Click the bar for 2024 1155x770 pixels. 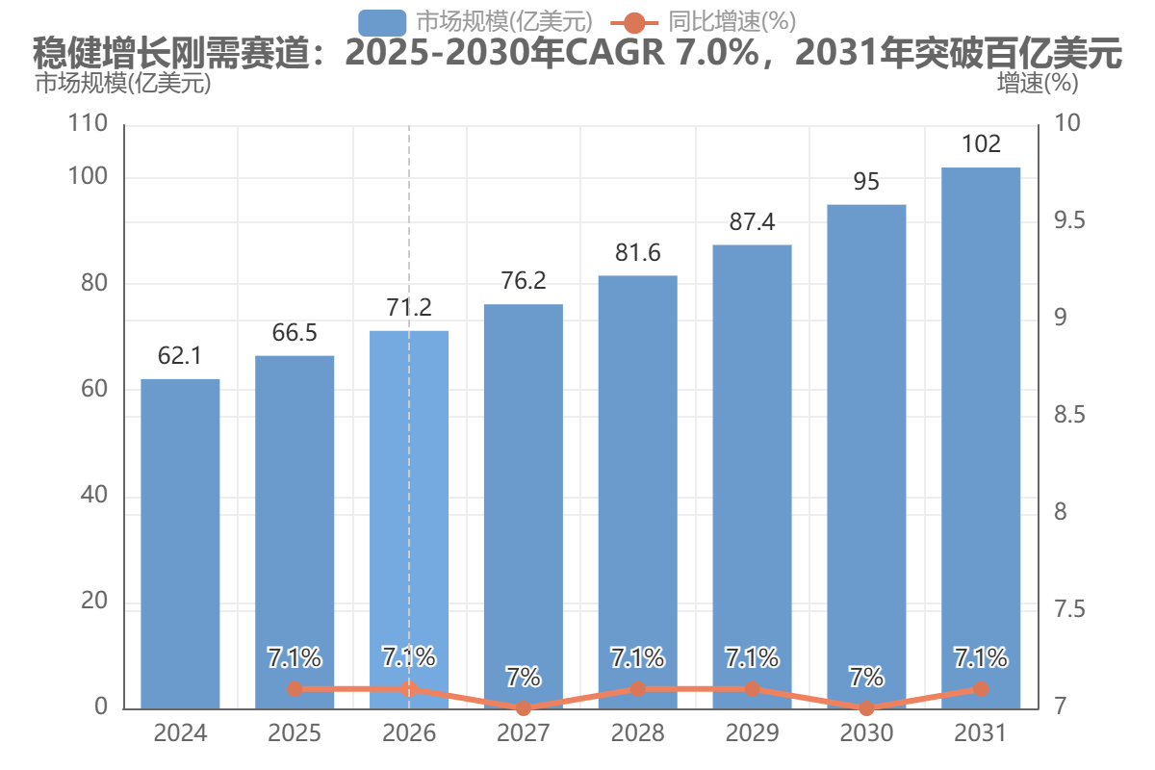point(180,544)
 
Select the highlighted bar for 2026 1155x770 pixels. point(409,520)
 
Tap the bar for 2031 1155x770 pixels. point(981,438)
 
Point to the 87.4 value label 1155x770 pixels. point(752,221)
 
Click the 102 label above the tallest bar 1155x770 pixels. point(981,143)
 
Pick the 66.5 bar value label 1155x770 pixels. point(295,333)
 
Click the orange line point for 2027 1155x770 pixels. point(524,708)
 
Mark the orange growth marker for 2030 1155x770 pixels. point(866,708)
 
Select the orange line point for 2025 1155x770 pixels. point(295,688)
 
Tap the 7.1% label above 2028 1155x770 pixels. point(638,657)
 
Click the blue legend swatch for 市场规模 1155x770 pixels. point(382,23)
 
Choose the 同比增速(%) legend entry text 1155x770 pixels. point(732,22)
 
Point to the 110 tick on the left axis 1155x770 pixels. point(88,123)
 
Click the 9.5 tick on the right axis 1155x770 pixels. point(1069,220)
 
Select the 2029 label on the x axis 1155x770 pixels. point(752,732)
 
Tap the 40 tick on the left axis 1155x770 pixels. point(94,495)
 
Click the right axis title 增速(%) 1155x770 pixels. point(1038,83)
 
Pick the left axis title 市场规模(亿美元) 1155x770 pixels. point(123,83)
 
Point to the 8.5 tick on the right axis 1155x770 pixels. point(1069,415)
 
